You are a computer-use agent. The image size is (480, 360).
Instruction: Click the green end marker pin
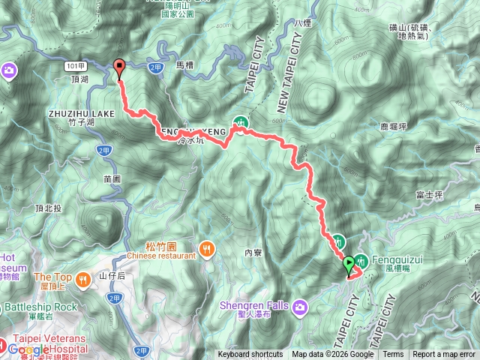pyautogui.click(x=349, y=265)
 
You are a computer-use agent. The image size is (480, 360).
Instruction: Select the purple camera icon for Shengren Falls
pyautogui.click(x=300, y=306)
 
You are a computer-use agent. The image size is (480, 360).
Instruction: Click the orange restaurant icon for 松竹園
pyautogui.click(x=206, y=247)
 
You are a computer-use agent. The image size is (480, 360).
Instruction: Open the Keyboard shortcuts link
pyautogui.click(x=250, y=354)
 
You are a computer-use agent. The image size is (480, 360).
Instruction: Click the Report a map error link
pyautogui.click(x=445, y=354)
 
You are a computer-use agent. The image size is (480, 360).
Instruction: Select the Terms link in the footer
pyautogui.click(x=393, y=354)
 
